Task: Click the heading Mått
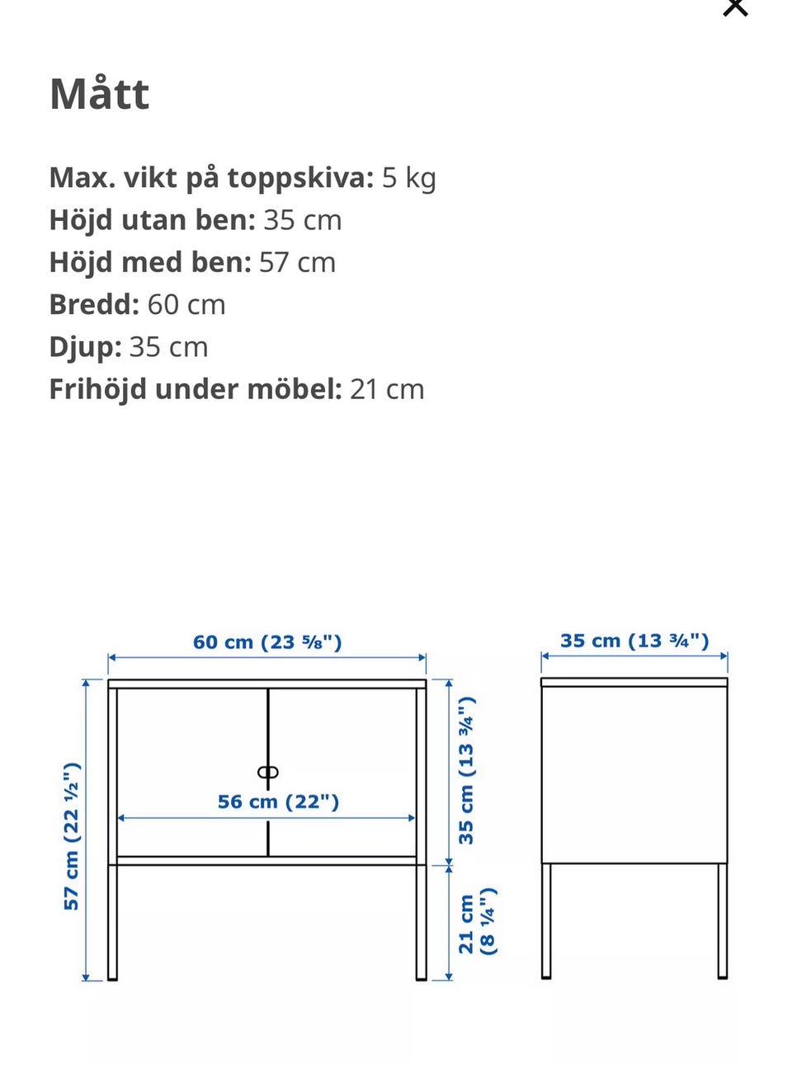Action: point(100,94)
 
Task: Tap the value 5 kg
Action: point(408,178)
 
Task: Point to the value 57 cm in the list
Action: point(297,262)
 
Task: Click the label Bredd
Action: point(94,304)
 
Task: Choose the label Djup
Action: point(85,347)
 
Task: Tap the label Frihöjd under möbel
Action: point(196,389)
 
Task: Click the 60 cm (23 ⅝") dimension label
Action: point(267,642)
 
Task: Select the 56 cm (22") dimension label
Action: point(278,801)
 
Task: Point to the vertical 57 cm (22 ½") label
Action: point(72,836)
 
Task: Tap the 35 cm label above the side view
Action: point(634,641)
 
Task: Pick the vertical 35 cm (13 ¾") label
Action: point(466,770)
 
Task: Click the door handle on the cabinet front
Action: point(268,773)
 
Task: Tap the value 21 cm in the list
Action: point(387,389)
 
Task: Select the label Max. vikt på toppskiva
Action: point(211,178)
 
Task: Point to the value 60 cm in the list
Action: point(186,304)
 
